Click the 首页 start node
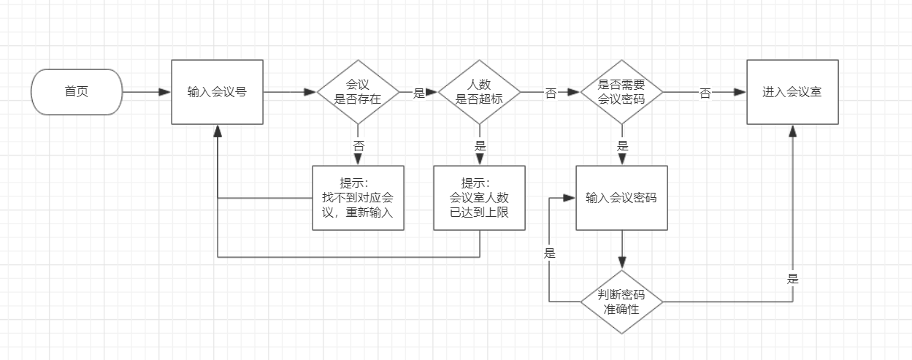76,92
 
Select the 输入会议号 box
217,92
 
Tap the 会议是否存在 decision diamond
358,93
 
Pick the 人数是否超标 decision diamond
479,93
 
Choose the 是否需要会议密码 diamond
621,93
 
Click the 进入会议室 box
792,92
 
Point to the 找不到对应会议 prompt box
358,198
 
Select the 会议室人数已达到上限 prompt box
479,198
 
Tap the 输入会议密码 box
621,198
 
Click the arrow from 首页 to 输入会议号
146,93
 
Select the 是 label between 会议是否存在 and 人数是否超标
419,93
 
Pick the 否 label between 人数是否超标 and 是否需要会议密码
551,93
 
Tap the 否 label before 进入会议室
705,93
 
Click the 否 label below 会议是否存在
359,146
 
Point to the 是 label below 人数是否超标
480,146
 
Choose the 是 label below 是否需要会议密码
622,146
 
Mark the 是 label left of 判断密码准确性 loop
549,254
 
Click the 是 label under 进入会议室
792,279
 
